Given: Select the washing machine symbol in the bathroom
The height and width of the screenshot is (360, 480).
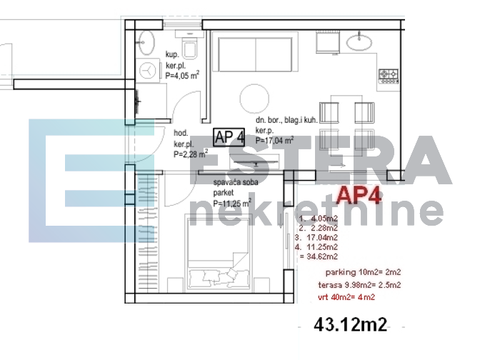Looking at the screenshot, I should [148, 71].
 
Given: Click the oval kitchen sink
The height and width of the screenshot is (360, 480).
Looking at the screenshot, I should [360, 43].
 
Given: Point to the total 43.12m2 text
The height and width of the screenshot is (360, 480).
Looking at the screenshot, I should [350, 325].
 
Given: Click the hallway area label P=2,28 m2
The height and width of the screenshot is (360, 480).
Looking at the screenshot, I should [189, 152].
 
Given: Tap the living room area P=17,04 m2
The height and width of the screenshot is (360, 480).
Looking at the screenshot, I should [275, 141].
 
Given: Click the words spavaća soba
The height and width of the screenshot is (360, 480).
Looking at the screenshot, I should [237, 183].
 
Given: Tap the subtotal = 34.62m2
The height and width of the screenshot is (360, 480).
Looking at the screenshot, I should [319, 256].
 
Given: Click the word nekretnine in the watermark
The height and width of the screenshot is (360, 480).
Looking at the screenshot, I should [318, 212].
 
